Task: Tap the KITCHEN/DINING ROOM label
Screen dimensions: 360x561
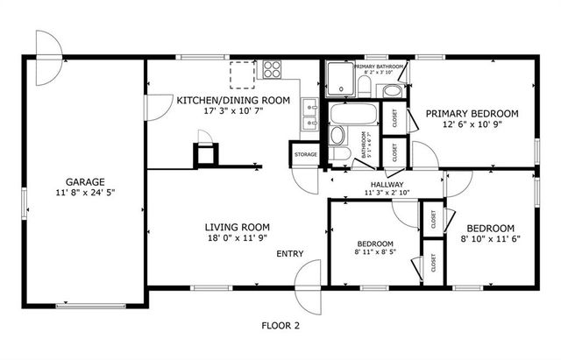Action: click(x=233, y=101)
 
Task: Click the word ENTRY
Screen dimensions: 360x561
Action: click(x=290, y=254)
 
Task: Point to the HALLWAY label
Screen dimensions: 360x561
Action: click(x=386, y=184)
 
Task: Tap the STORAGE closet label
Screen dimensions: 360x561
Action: click(x=305, y=155)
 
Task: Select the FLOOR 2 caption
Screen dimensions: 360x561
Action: click(x=280, y=325)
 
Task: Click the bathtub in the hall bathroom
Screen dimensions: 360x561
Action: click(x=352, y=114)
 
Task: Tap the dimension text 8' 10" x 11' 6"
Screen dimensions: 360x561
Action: click(x=491, y=236)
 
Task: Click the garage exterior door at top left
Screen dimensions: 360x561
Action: click(x=48, y=44)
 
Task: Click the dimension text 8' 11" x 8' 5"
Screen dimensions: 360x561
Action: click(x=374, y=252)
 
